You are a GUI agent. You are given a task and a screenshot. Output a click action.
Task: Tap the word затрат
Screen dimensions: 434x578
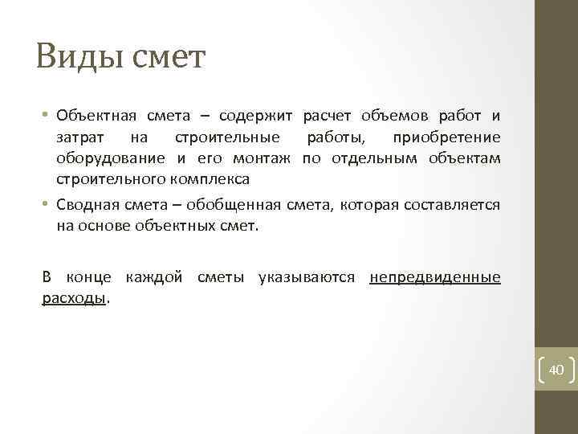79,137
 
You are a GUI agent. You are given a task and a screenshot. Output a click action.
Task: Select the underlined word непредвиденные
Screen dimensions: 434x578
435,277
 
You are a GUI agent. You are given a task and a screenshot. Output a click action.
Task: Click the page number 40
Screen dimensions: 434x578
556,370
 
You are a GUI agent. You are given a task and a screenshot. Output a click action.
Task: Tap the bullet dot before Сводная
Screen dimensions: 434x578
46,205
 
